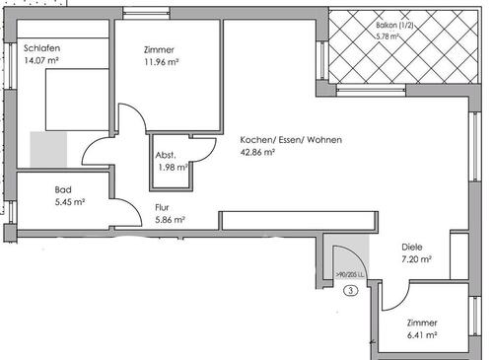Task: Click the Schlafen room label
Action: point(41,46)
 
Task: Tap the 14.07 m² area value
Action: point(41,59)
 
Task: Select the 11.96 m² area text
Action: point(161,61)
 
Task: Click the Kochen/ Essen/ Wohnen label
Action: point(291,141)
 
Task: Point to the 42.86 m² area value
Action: point(259,154)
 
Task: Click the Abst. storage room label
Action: point(166,155)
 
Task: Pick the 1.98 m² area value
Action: point(172,167)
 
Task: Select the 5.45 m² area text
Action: point(69,202)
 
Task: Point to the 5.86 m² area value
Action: point(170,221)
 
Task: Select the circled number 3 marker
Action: point(349,290)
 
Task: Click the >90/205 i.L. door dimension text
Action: point(350,275)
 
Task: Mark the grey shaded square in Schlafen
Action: point(46,148)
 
